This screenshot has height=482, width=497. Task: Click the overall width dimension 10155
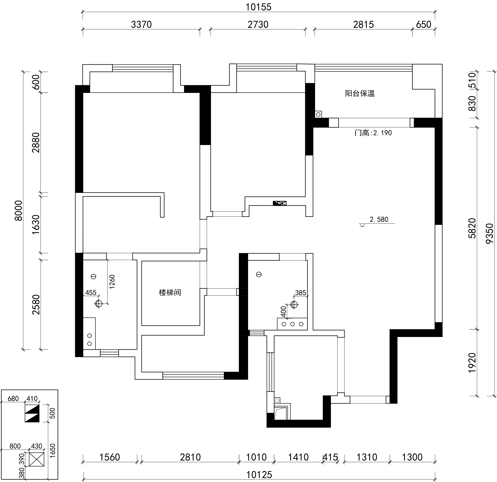(x=258, y=7)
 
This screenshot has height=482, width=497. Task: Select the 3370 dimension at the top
(x=141, y=25)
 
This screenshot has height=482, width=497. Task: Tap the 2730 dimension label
(x=258, y=25)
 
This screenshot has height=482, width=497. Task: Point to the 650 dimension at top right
(x=423, y=25)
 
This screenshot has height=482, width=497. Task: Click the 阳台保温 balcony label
(x=360, y=93)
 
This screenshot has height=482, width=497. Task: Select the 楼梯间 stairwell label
(x=170, y=292)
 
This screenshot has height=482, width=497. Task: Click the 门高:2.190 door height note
(x=373, y=133)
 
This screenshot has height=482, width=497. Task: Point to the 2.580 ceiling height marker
(x=379, y=219)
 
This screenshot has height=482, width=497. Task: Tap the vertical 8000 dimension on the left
(x=19, y=211)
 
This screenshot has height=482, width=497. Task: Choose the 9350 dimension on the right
(x=489, y=233)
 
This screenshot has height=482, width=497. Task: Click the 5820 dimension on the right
(x=472, y=228)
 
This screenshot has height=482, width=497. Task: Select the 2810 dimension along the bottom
(x=190, y=457)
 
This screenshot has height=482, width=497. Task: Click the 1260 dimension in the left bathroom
(x=112, y=282)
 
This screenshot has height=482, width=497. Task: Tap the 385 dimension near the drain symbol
(x=301, y=293)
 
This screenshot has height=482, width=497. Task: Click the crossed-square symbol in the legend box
(x=37, y=459)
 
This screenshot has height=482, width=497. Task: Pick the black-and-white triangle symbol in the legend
(x=32, y=413)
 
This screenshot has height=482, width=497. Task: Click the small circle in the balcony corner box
(x=318, y=114)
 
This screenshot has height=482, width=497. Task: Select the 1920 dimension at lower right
(x=472, y=363)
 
